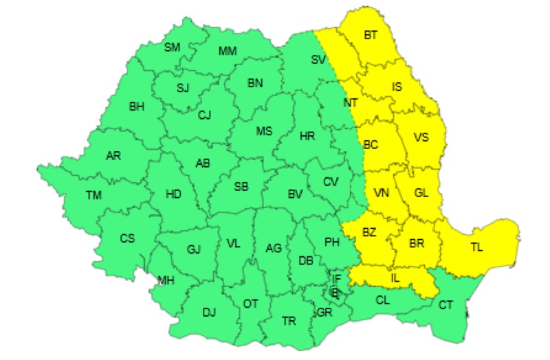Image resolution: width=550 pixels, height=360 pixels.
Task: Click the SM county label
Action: [172, 47]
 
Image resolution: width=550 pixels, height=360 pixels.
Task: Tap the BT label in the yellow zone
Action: [371, 35]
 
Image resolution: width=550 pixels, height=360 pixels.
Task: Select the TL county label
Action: [476, 248]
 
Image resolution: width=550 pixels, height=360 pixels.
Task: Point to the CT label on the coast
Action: [446, 304]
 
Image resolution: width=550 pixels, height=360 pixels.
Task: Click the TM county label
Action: [93, 195]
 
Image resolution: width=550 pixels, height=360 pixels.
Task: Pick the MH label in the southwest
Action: [166, 280]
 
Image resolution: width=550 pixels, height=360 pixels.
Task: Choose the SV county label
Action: [318, 60]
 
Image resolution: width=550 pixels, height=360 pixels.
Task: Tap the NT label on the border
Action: [351, 102]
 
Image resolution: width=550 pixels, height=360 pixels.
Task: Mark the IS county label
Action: [397, 87]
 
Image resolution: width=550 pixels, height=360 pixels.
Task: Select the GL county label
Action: [421, 193]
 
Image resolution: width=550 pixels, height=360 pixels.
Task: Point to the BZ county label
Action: [369, 232]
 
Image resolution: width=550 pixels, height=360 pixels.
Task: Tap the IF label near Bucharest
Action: [336, 278]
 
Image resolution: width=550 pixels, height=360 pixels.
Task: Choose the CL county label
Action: [383, 300]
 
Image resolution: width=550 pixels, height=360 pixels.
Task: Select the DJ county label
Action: [209, 313]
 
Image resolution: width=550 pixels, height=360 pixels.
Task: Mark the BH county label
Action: [137, 106]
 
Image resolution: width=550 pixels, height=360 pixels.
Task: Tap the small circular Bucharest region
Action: [335, 292]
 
